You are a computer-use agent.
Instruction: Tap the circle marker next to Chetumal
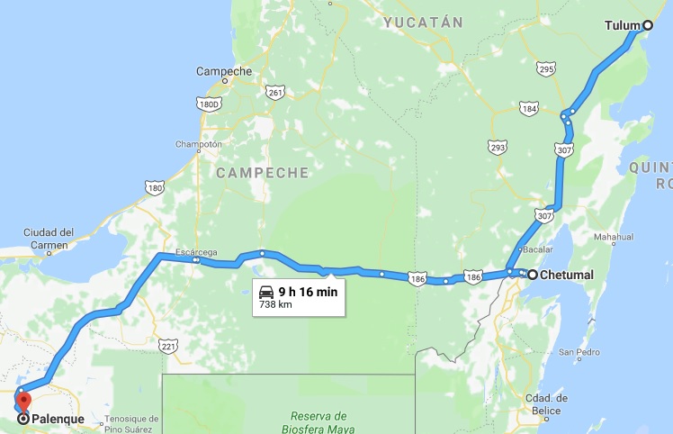click(x=533, y=275)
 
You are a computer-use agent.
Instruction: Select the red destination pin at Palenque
click(x=23, y=402)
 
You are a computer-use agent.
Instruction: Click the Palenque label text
click(x=58, y=419)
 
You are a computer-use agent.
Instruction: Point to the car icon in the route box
click(x=266, y=292)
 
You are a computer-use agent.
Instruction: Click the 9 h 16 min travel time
click(x=307, y=292)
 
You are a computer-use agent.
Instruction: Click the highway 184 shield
click(x=529, y=109)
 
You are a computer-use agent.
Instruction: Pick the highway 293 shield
click(x=498, y=146)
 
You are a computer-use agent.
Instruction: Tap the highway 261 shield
click(x=275, y=92)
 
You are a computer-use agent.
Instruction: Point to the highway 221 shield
click(x=168, y=345)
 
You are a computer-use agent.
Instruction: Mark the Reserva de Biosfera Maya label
click(x=319, y=422)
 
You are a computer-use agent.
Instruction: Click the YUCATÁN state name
click(x=422, y=22)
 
